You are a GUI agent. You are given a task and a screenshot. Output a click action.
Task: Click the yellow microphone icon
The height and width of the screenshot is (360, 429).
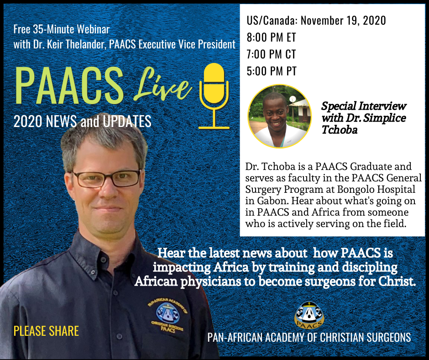click(x=214, y=96)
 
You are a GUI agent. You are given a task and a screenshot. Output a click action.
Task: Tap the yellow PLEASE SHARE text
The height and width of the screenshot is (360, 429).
click(x=46, y=331)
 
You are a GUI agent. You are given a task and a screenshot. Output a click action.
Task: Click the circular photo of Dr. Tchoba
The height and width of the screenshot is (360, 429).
click(x=279, y=116)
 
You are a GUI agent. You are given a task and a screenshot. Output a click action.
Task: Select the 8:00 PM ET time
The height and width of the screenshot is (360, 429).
click(x=271, y=37)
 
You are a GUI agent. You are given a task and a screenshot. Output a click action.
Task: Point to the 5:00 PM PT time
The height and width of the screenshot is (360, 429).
click(x=272, y=71)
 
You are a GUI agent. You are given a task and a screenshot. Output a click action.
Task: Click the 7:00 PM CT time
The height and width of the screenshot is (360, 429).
click(x=271, y=54)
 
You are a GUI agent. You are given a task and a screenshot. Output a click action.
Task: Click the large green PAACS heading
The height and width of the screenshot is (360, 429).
click(x=69, y=85)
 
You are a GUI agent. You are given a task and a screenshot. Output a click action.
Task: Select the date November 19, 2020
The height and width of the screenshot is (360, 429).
click(x=343, y=21)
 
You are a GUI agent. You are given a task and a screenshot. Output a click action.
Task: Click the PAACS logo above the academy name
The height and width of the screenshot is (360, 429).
click(x=309, y=315)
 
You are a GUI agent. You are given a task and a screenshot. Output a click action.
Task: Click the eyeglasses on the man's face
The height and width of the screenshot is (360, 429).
click(x=107, y=179)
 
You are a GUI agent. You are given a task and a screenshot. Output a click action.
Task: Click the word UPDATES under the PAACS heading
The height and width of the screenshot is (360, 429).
click(x=127, y=122)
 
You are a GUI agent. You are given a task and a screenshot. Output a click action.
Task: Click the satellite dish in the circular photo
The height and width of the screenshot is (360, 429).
click(x=293, y=99)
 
